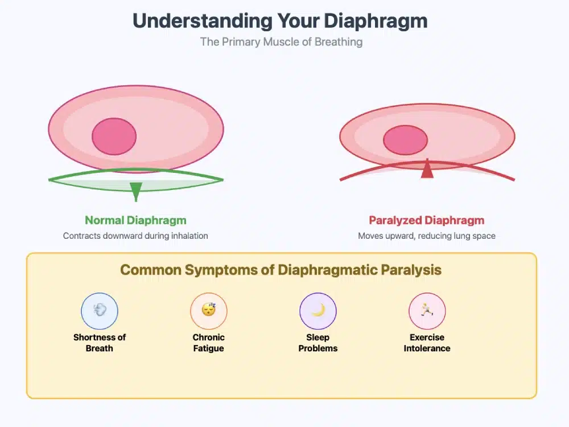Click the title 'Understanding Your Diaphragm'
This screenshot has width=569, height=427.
[x=280, y=21]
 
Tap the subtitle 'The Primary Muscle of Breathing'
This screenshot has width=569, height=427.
[x=281, y=42]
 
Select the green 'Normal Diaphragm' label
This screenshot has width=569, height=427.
[x=135, y=221]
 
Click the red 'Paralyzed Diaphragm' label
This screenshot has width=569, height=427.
[x=427, y=221]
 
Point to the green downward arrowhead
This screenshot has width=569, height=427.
[x=135, y=190]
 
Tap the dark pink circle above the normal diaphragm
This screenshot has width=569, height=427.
[x=114, y=136]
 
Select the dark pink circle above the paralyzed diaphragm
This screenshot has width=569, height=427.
[x=406, y=140]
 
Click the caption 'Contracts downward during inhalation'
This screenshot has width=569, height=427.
[x=135, y=235]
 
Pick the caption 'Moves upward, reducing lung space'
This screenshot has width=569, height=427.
[x=427, y=235]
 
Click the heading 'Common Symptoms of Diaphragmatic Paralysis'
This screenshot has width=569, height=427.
[x=281, y=270]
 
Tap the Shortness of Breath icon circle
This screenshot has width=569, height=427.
[x=100, y=311]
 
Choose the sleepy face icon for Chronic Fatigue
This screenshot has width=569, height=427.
[x=209, y=311]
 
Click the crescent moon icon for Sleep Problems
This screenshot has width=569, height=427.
[x=318, y=311]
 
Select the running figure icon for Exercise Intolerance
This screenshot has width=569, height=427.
[x=427, y=311]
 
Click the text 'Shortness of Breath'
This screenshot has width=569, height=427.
[x=100, y=343]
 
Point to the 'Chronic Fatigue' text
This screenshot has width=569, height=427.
[x=209, y=343]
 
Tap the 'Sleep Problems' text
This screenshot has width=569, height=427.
[x=318, y=343]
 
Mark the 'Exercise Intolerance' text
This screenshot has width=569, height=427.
[x=427, y=343]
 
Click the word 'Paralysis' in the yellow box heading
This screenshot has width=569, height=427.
[x=412, y=270]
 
